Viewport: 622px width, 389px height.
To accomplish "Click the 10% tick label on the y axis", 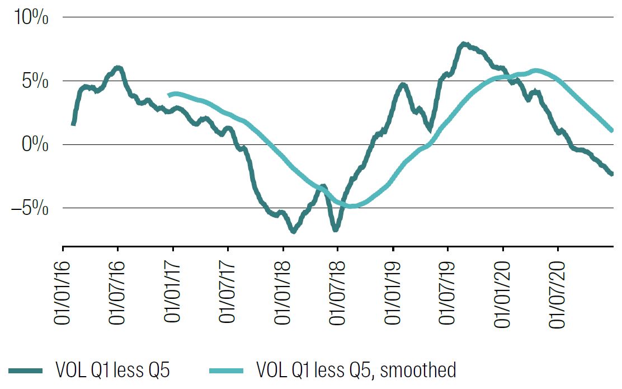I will tap(31, 17).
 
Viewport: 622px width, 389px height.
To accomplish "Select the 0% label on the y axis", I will tap(35, 145).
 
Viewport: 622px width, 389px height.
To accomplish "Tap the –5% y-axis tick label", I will tap(29, 208).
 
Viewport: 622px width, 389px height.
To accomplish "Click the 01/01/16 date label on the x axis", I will tap(63, 291).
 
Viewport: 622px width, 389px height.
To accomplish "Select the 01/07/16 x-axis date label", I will tap(118, 291).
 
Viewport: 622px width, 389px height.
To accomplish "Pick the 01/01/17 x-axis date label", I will tap(173, 291).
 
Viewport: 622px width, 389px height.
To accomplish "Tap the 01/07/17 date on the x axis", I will tap(228, 291).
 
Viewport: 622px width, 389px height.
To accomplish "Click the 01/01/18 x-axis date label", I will tap(282, 291).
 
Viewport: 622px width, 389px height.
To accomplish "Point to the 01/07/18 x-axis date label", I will tap(337, 291).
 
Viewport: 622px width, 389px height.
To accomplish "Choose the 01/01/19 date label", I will tap(392, 291).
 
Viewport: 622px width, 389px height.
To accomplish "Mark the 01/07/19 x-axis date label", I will tap(447, 291).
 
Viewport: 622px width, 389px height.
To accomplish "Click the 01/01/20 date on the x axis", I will tap(502, 291).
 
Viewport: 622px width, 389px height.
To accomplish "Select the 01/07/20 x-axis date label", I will tap(557, 291).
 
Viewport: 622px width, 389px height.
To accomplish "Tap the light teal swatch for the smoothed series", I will tap(226, 371).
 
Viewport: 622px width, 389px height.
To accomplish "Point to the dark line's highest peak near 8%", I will tap(463, 44).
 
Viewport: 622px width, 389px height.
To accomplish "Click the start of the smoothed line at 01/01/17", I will tap(169, 95).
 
